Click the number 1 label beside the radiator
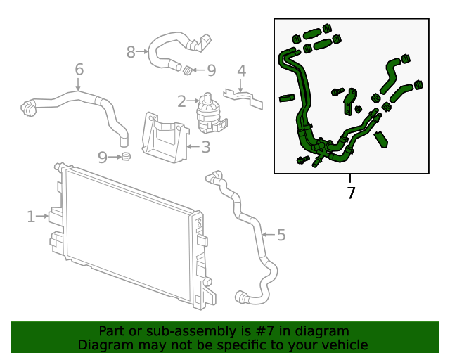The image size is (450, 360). pos(31,217)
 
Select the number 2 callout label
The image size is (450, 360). pos(181,102)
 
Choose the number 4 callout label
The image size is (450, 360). pos(241,71)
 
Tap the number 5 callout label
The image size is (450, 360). pos(281,235)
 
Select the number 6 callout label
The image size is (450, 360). pos(79,70)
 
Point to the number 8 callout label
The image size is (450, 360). pos(131,51)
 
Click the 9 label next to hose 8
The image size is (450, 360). pos(211,70)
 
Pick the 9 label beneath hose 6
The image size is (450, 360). pos(103,157)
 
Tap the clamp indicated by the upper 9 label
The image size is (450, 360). pos(188,70)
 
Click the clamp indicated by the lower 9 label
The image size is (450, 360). pos(127,156)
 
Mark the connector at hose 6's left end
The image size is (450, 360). pos(28,108)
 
